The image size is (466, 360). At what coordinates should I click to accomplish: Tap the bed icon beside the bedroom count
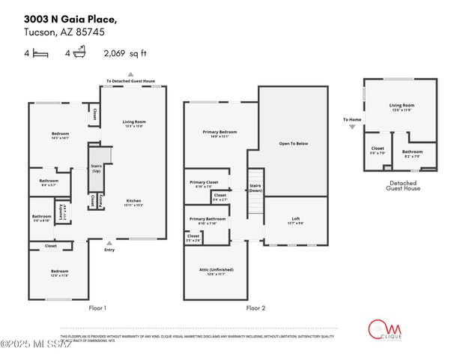tap(40, 53)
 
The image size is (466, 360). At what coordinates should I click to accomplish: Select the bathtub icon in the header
tap(79, 52)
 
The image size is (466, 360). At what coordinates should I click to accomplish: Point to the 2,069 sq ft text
tap(125, 53)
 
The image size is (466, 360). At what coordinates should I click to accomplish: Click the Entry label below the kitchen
tap(109, 250)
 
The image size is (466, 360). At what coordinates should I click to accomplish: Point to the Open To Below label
tap(293, 144)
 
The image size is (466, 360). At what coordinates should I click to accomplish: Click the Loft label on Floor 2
tap(296, 219)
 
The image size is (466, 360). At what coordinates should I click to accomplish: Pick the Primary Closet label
tap(204, 184)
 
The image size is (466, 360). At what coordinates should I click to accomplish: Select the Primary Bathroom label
tap(205, 221)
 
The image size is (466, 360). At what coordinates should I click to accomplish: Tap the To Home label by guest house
tap(352, 120)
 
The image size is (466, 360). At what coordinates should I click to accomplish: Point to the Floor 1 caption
tap(98, 307)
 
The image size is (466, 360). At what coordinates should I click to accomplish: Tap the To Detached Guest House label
tap(130, 81)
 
